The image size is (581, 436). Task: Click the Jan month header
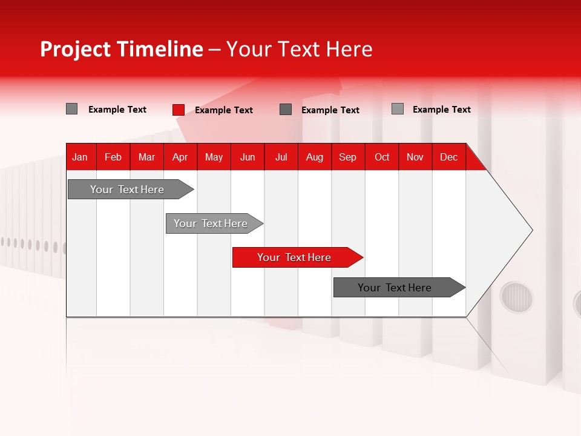click(x=80, y=157)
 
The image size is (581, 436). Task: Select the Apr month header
click(x=180, y=157)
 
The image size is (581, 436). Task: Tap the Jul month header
click(x=281, y=157)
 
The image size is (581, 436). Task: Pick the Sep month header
click(x=347, y=157)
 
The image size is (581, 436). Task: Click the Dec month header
click(x=448, y=157)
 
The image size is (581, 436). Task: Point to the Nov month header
click(x=415, y=157)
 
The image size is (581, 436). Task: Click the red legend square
click(x=178, y=110)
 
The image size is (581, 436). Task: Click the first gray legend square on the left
click(x=71, y=109)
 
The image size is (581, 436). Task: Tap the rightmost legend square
click(x=397, y=109)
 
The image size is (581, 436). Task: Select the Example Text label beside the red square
click(x=223, y=110)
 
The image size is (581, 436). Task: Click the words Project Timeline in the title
click(x=121, y=49)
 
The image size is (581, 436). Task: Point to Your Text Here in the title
click(x=299, y=49)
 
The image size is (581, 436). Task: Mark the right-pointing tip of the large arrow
click(x=531, y=230)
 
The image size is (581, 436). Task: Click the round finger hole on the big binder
click(x=516, y=297)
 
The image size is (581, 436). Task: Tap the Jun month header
click(x=247, y=157)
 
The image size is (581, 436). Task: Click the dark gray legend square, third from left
click(x=286, y=109)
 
